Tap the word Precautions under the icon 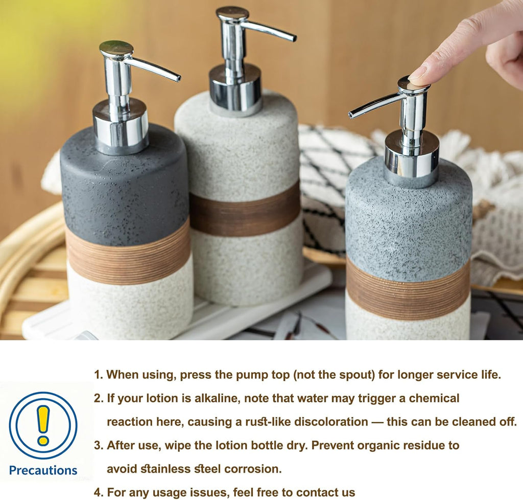click(x=43, y=470)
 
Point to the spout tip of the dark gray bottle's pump click(x=177, y=78)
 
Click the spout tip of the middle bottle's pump click(x=293, y=38)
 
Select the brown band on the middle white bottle click(x=245, y=210)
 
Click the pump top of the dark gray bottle click(x=116, y=49)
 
